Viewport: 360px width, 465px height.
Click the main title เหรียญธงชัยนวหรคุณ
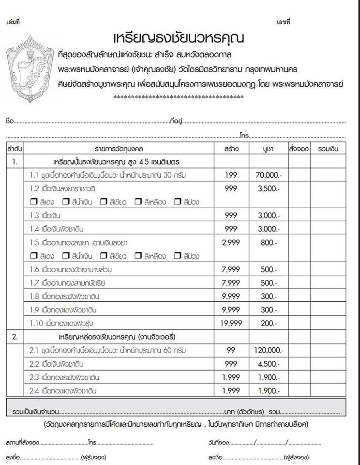tap(178, 38)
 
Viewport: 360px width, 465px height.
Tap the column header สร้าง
tap(231, 149)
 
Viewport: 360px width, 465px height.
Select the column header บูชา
tap(267, 149)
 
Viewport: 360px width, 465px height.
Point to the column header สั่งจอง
tap(298, 149)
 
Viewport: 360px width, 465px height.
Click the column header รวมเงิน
tap(328, 149)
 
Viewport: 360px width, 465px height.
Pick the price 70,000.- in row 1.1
tap(268, 175)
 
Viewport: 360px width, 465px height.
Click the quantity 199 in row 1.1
tap(231, 175)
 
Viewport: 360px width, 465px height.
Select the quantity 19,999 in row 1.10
tap(231, 323)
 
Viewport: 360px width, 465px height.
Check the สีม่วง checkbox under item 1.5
tap(177, 256)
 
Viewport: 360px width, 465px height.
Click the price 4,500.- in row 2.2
tap(268, 364)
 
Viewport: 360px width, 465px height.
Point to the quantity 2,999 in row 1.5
tap(231, 243)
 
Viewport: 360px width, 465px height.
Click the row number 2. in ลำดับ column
tap(15, 337)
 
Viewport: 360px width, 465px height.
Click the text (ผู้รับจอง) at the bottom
tap(94, 456)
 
